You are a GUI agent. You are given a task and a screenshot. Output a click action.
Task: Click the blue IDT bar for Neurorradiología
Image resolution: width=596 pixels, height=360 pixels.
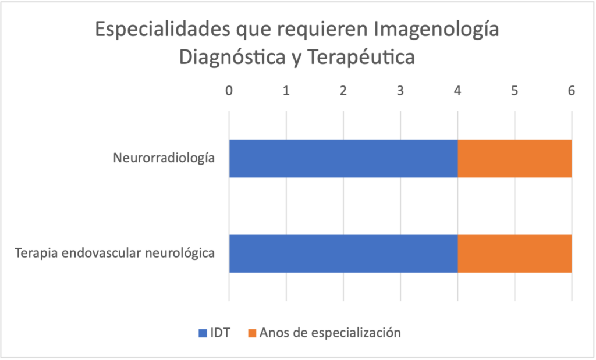click(343, 158)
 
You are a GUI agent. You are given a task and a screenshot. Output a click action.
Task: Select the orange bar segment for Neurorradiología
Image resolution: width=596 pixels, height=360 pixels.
click(515, 158)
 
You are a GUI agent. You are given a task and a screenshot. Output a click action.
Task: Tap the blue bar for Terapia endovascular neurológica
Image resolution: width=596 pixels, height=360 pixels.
click(343, 254)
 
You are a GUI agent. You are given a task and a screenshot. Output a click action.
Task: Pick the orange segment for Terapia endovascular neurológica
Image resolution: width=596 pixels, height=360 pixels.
click(515, 254)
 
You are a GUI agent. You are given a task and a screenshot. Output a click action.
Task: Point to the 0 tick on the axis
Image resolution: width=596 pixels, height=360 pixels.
click(229, 91)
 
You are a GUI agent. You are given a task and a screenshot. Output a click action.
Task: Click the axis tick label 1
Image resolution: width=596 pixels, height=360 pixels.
click(286, 91)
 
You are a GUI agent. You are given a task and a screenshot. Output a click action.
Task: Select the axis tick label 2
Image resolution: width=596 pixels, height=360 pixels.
click(343, 91)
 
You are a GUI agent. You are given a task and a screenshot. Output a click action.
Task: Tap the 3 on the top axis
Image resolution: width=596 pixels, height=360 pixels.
click(400, 91)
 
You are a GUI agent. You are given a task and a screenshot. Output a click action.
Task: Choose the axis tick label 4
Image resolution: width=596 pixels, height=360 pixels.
click(457, 91)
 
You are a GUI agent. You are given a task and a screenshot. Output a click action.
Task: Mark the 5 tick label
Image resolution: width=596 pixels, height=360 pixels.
click(515, 91)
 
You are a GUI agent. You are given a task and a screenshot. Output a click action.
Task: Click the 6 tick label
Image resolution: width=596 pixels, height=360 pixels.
click(572, 91)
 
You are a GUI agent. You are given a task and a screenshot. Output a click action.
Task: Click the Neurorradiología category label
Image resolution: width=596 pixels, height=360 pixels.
click(164, 158)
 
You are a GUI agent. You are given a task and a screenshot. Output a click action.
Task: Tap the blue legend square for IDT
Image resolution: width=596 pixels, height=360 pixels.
click(203, 333)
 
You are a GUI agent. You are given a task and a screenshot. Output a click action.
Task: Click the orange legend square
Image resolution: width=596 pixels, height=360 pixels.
click(251, 333)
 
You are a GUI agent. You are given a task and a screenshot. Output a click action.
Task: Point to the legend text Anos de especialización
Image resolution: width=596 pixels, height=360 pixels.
click(330, 333)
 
